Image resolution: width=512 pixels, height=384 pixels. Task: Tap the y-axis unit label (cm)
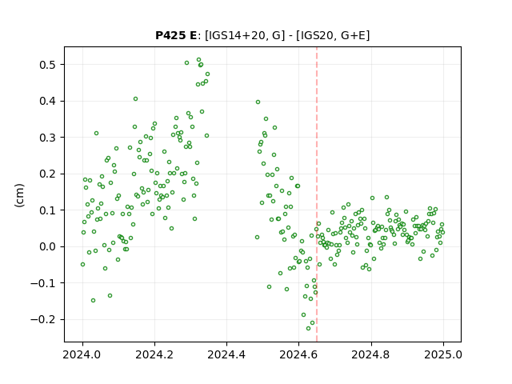coord(19,195)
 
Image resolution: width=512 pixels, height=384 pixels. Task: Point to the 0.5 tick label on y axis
coord(48,65)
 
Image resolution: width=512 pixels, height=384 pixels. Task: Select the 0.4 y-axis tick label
coord(48,102)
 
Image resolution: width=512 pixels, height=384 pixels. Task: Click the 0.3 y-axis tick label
coord(48,138)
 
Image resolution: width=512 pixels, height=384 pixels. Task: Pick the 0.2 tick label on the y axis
coord(48,174)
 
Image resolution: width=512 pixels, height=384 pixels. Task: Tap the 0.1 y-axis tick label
coord(48,210)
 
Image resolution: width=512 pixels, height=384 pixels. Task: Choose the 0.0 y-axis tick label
coord(48,246)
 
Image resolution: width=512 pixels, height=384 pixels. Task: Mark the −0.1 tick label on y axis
coord(44,283)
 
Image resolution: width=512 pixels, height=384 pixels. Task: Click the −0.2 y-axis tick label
coord(44,319)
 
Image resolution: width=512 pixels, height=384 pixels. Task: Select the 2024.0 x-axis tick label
coord(82,354)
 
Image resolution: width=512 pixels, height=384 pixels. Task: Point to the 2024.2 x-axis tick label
coord(154,354)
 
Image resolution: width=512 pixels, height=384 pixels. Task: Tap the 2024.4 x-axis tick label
coord(226,354)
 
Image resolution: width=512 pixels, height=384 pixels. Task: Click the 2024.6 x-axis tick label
coord(298,354)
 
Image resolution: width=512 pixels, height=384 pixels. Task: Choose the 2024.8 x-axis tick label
coord(370,354)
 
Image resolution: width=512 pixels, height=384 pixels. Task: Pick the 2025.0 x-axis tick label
coord(443,354)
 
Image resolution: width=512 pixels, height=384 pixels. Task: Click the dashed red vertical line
coord(317,194)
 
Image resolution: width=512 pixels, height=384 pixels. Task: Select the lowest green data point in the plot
coord(308,328)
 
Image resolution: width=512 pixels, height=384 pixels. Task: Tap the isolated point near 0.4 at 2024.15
coord(135,99)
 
